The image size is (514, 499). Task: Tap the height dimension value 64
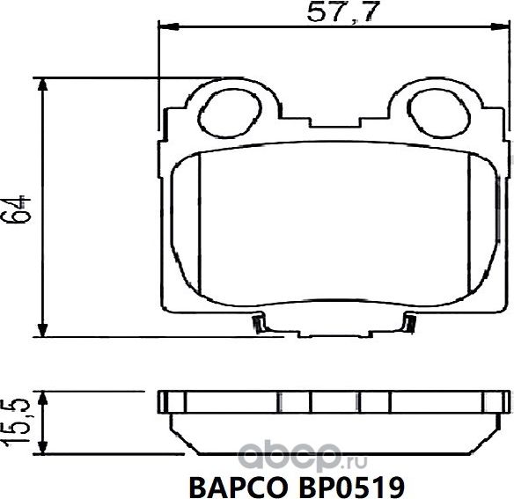pos(20,209)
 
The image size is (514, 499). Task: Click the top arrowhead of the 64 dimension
pos(42,84)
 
